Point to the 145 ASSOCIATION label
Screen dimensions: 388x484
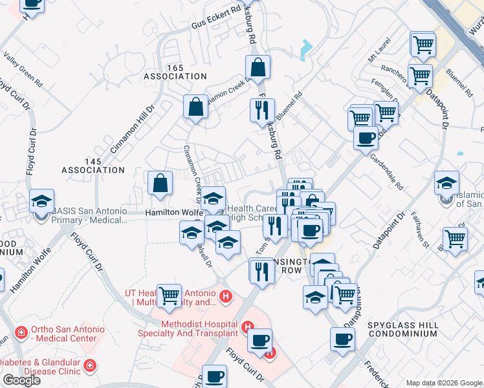pos(93,165)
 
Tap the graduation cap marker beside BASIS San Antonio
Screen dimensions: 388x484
pos(42,202)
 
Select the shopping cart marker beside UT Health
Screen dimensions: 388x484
pos(169,296)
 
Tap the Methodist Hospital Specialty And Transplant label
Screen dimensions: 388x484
pos(188,328)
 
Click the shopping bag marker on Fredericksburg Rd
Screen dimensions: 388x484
pos(258,67)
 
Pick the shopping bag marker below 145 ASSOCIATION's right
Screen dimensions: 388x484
pos(160,183)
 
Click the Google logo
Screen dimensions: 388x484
pos(21,380)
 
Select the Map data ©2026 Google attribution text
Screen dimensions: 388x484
pos(444,383)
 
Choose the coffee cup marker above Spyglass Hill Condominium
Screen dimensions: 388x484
pos(342,339)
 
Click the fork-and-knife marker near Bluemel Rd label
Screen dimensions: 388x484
pos(263,111)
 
